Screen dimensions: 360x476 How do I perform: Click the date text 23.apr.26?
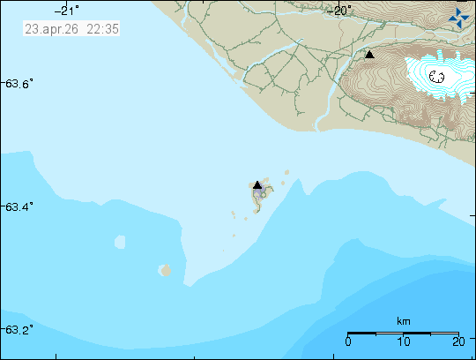click(x=48, y=29)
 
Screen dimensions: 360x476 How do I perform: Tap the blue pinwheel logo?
click(x=458, y=17)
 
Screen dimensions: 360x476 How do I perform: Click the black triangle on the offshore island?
click(x=257, y=185)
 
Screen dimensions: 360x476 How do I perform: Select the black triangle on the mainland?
click(x=370, y=55)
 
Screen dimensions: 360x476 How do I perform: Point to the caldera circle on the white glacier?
click(x=436, y=77)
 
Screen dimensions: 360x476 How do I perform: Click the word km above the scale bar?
click(x=404, y=321)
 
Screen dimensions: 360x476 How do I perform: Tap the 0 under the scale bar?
click(x=349, y=341)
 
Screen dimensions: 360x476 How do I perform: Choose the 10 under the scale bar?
click(x=403, y=341)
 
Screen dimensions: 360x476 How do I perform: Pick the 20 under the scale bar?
click(x=457, y=341)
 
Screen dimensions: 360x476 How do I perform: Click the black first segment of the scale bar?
click(x=362, y=333)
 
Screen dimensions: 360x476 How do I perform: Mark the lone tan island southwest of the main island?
click(x=164, y=270)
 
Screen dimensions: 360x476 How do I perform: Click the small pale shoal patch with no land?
click(x=120, y=242)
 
